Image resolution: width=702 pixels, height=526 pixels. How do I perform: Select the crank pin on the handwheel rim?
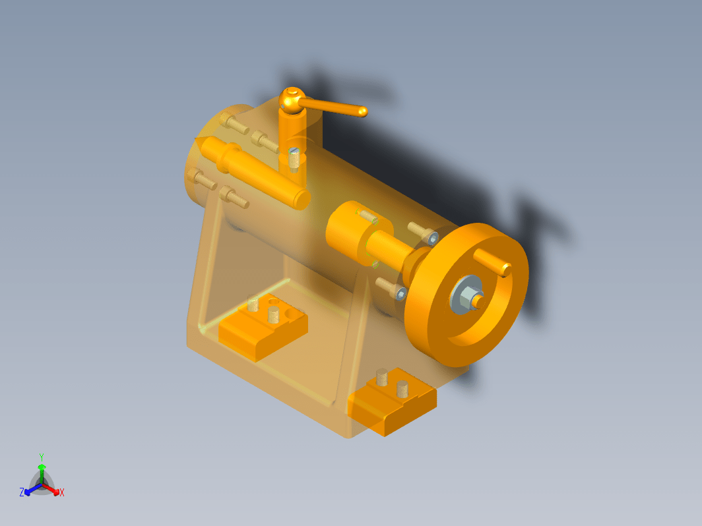pyautogui.click(x=492, y=262)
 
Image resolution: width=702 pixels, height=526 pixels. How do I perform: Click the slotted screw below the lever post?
pyautogui.click(x=294, y=160)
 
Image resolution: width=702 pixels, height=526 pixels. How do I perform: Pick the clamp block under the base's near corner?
pyautogui.click(x=392, y=401)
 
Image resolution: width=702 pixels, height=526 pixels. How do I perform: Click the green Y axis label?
pyautogui.click(x=41, y=457)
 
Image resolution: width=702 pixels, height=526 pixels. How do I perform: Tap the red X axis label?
pyautogui.click(x=62, y=492)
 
